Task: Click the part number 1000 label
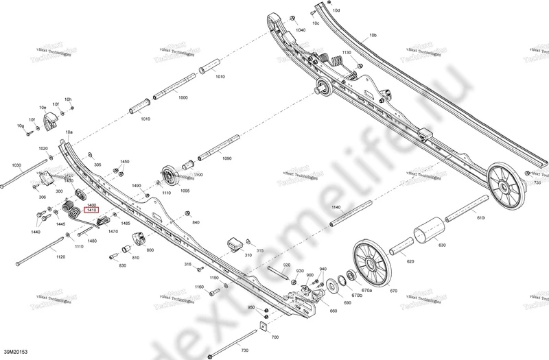point(183,99)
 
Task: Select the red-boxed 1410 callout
point(91,211)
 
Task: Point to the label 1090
point(226,158)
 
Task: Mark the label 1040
point(301,32)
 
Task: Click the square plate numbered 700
point(263,327)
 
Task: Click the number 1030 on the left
point(16,165)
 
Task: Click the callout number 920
point(287,265)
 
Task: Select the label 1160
point(199,287)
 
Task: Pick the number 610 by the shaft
point(480,217)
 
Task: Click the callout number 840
point(196,224)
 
